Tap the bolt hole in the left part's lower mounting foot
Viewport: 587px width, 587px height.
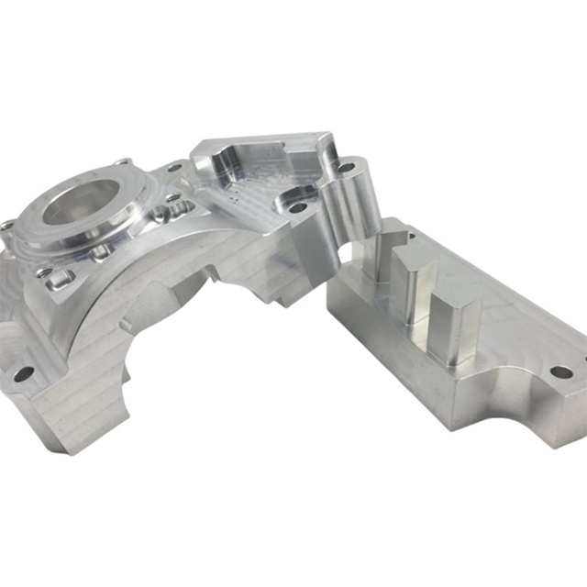click(x=25, y=373)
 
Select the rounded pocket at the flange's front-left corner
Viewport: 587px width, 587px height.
click(x=58, y=277)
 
